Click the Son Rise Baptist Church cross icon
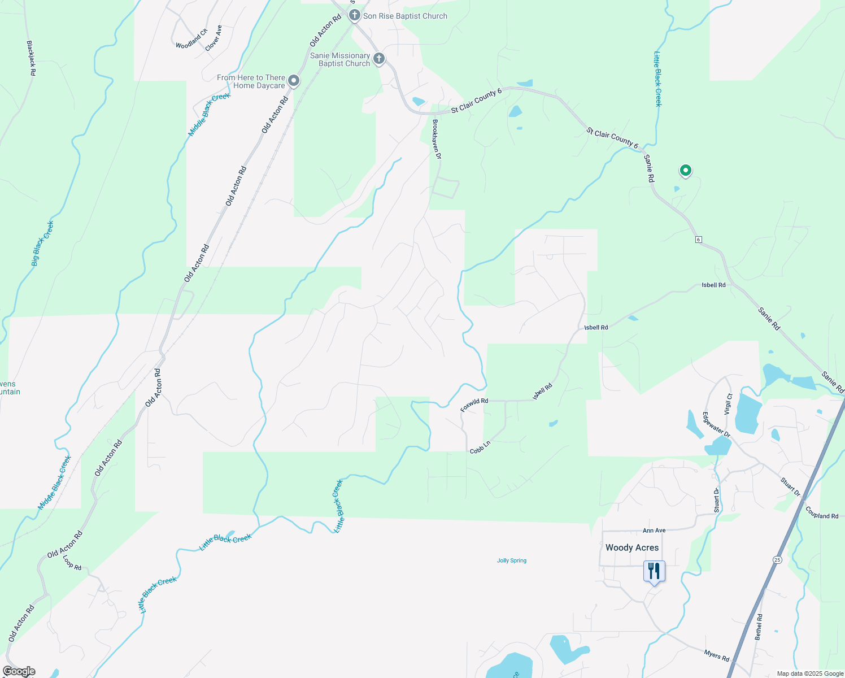(355, 15)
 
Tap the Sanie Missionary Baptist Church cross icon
(379, 58)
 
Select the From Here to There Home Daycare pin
(294, 81)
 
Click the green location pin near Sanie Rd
(685, 170)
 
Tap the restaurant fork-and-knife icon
(654, 572)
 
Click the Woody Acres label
(632, 547)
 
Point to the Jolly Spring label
(512, 560)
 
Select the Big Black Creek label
(43, 244)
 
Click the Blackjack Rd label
(32, 58)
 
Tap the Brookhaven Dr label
(436, 138)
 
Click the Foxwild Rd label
(474, 405)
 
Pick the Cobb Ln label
(480, 447)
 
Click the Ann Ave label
(654, 531)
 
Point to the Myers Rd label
(716, 655)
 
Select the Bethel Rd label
(759, 627)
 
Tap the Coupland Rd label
(822, 512)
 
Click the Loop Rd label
(72, 562)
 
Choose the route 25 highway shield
(777, 559)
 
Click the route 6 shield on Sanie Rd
(699, 240)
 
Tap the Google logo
(19, 671)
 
